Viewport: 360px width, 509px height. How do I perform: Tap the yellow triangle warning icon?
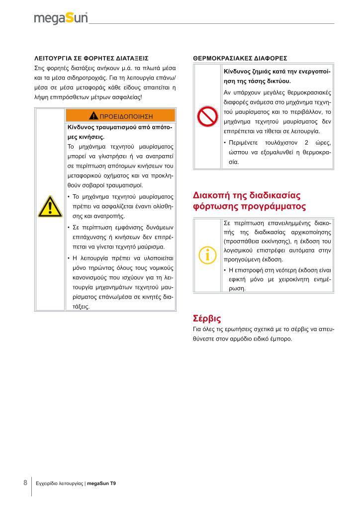pyautogui.click(x=50, y=207)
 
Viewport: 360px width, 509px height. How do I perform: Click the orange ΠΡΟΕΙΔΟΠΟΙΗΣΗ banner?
pyautogui.click(x=120, y=116)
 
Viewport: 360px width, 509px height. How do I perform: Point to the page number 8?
pyautogui.click(x=25, y=483)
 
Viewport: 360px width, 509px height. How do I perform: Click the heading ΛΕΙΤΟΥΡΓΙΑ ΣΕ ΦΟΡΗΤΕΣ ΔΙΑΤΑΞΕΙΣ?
pyautogui.click(x=91, y=58)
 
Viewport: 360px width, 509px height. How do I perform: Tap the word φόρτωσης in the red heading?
pyautogui.click(x=215, y=206)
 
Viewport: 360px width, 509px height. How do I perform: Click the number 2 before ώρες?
pyautogui.click(x=306, y=143)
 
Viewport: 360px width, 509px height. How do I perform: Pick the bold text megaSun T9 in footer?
pyautogui.click(x=101, y=483)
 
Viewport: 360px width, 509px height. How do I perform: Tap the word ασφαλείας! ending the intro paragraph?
pyautogui.click(x=127, y=97)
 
